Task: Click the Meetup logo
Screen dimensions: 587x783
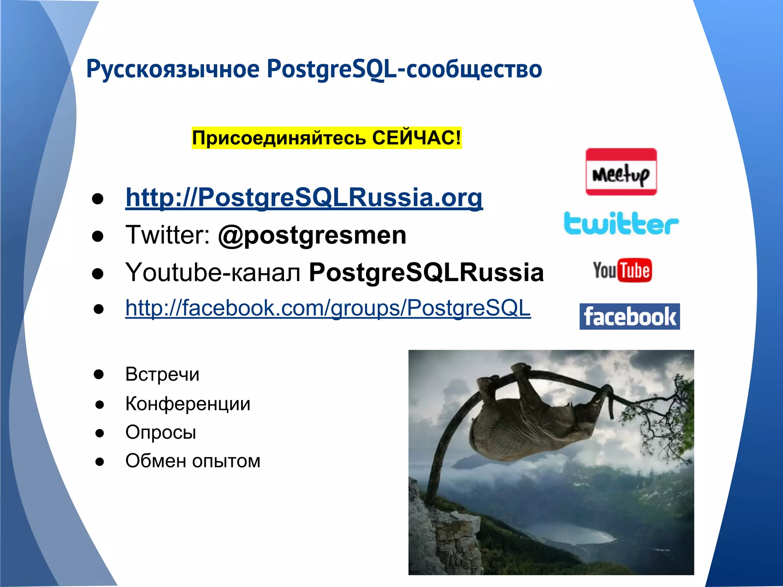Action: tap(621, 172)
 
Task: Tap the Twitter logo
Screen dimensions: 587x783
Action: tap(621, 224)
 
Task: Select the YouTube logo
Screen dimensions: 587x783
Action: tap(622, 271)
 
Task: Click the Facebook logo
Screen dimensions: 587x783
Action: tap(630, 316)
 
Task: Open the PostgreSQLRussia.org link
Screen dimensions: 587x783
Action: tap(304, 198)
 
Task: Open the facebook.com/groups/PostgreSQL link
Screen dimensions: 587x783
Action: tap(328, 308)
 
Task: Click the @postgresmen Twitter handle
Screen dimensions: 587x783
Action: tap(312, 235)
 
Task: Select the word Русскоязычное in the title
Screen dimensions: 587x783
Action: tap(173, 69)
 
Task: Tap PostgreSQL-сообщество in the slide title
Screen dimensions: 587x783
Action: tap(404, 69)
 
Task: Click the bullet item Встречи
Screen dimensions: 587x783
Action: tap(162, 374)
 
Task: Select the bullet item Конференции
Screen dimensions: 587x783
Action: tap(188, 404)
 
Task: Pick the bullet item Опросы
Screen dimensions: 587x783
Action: tap(161, 432)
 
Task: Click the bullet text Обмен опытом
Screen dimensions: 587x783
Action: tap(193, 461)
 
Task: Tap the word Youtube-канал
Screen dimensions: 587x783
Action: tap(213, 272)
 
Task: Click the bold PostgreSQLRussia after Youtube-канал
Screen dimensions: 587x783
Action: tap(426, 272)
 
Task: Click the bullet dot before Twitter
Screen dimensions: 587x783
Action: tap(98, 237)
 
